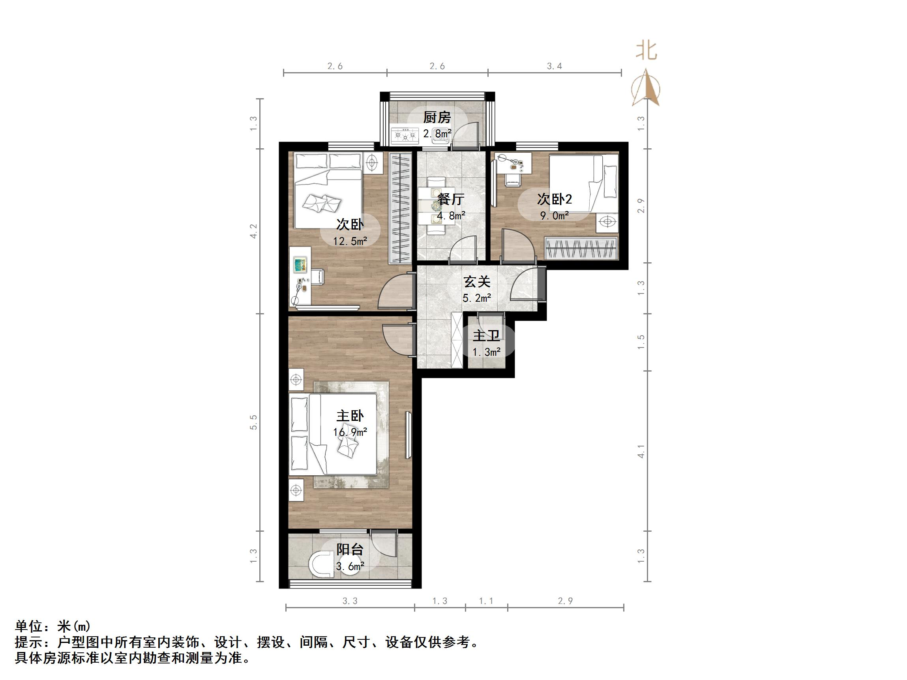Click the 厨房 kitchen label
[x=437, y=118]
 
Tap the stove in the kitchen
[x=405, y=135]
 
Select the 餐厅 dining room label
[x=451, y=200]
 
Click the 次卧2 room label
[x=555, y=200]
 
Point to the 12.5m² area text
[x=350, y=241]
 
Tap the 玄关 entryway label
[x=477, y=282]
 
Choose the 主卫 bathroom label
[x=486, y=336]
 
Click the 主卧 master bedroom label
[x=350, y=417]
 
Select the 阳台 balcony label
[x=350, y=550]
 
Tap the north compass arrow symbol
[x=646, y=88]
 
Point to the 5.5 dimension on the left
[x=254, y=422]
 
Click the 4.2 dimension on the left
[x=254, y=231]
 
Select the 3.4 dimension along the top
[x=555, y=66]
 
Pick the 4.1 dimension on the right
[x=641, y=452]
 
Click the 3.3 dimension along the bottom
[x=350, y=601]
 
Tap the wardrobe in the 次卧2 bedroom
[x=581, y=248]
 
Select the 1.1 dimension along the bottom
[x=486, y=601]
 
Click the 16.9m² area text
[x=350, y=432]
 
